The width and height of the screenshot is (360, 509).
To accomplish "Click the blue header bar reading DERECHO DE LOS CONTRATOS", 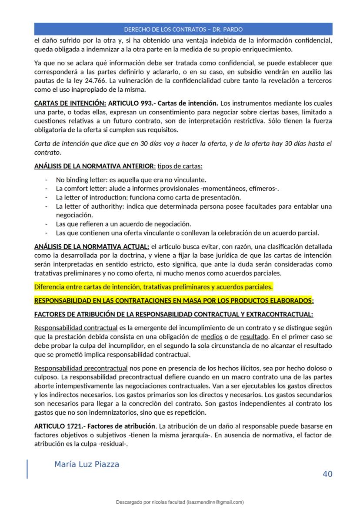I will coord(183,30).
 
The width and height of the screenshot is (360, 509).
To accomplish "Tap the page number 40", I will coord(327,474).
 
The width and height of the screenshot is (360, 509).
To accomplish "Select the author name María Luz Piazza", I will coord(87,464).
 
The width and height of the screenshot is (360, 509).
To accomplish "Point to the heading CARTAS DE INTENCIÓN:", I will coord(70,103).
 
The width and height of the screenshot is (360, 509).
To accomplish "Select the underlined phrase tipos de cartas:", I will coord(180,166).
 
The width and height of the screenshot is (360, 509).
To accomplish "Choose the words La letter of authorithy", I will coord(87,206).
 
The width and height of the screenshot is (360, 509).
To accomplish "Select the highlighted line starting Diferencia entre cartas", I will coord(153,287).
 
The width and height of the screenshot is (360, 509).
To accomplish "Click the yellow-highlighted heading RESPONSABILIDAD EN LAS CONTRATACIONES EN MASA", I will coord(174,300).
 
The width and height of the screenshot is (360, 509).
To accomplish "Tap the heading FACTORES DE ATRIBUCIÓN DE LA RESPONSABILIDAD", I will coord(173,314).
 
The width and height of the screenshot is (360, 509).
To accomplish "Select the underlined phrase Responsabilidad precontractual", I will coord(80,368).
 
